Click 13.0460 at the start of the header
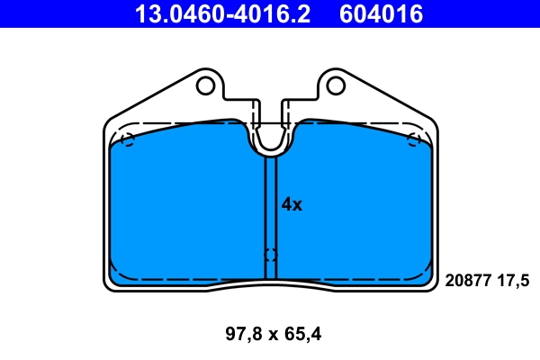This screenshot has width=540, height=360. [172, 13]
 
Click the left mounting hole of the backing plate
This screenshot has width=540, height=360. [205, 85]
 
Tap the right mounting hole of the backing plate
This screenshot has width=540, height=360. [336, 85]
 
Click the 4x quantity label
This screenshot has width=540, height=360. [292, 204]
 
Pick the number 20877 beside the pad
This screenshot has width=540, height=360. [466, 281]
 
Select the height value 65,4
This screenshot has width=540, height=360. [302, 335]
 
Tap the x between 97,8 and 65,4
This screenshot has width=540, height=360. [271, 335]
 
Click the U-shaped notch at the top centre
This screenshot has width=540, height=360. [270, 139]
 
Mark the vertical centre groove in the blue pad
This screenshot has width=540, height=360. [270, 207]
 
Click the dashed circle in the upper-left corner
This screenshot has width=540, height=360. [127, 139]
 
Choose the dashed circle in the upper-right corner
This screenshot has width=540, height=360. [414, 139]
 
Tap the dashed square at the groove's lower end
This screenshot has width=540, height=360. [270, 255]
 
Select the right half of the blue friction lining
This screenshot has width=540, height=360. [360, 207]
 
